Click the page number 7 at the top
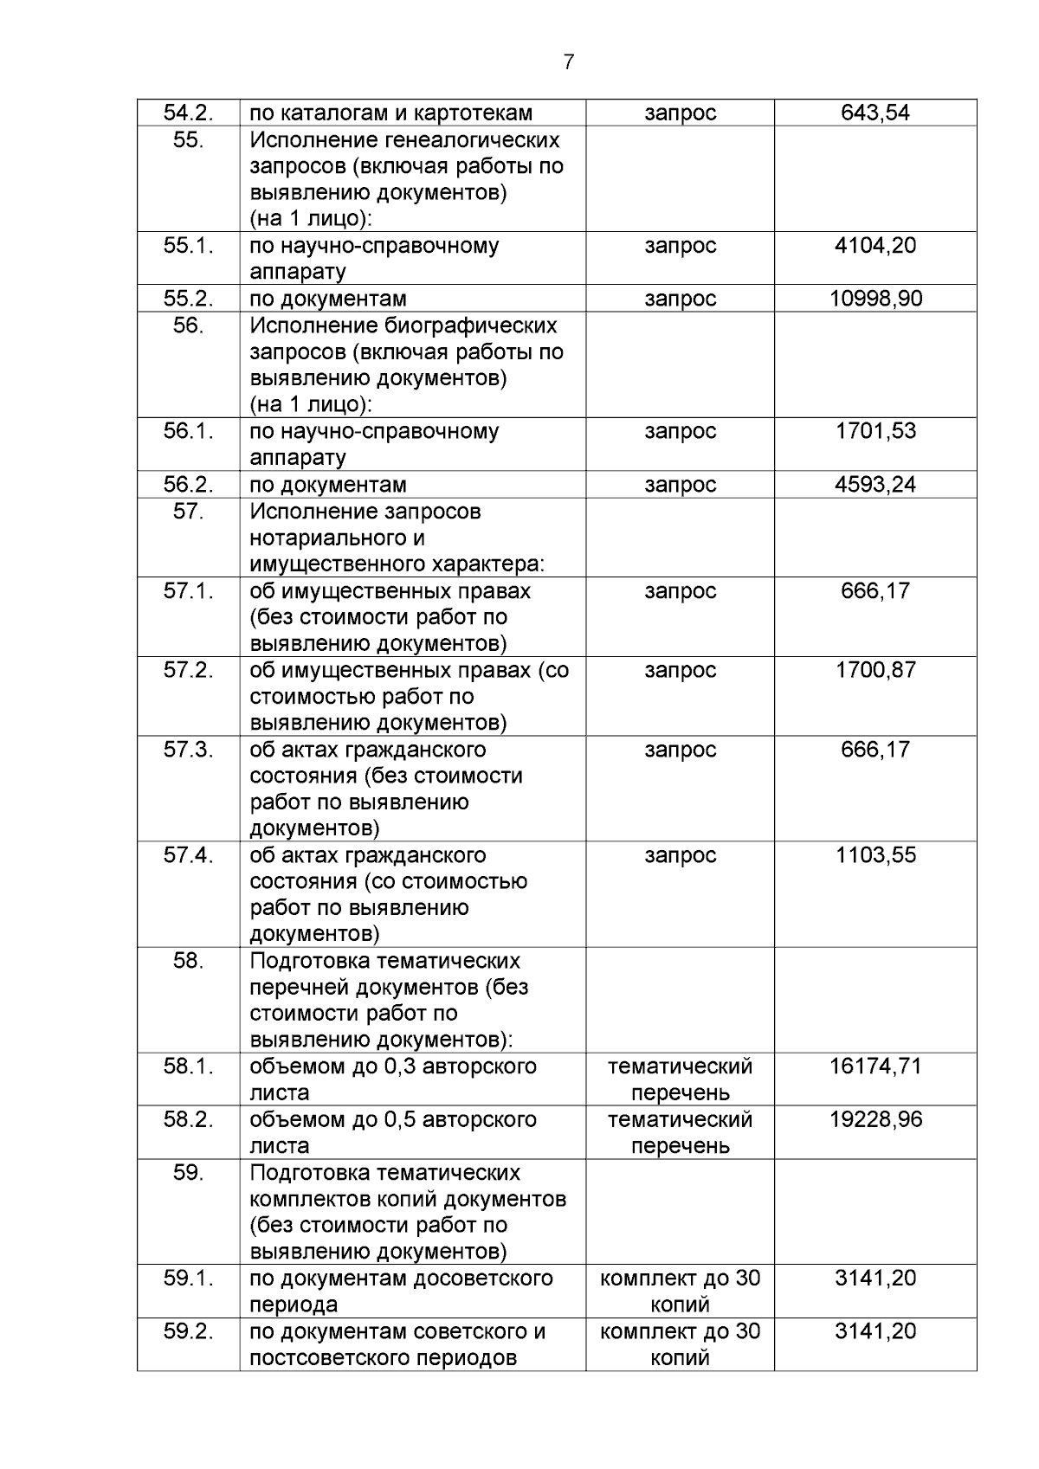coord(568,62)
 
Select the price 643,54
coord(875,113)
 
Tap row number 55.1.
coord(188,245)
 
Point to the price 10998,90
coord(875,299)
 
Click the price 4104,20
coord(875,245)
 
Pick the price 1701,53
coord(875,430)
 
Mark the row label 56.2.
coord(188,484)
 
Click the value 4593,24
coord(875,484)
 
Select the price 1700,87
coord(875,670)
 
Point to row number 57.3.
coord(188,750)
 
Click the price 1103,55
coord(875,855)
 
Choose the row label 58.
coord(188,961)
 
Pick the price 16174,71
coord(875,1066)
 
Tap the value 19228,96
coord(875,1119)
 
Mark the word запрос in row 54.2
coord(680,113)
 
